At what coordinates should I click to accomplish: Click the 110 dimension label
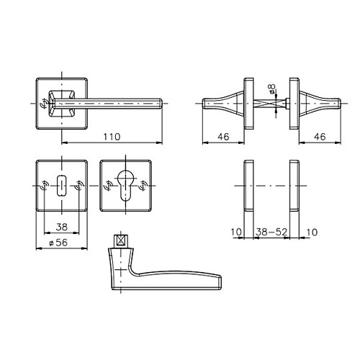click(112, 137)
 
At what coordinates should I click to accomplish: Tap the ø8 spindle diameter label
click(272, 89)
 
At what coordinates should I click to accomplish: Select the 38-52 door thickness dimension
click(271, 232)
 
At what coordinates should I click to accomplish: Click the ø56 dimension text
click(58, 243)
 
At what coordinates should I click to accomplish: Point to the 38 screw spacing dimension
click(62, 227)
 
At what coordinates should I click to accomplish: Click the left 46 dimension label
click(223, 137)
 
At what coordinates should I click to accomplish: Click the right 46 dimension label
click(320, 137)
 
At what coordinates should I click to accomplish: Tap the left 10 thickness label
click(236, 232)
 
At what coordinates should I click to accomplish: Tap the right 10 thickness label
click(312, 232)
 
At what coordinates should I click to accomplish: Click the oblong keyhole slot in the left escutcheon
click(62, 186)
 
